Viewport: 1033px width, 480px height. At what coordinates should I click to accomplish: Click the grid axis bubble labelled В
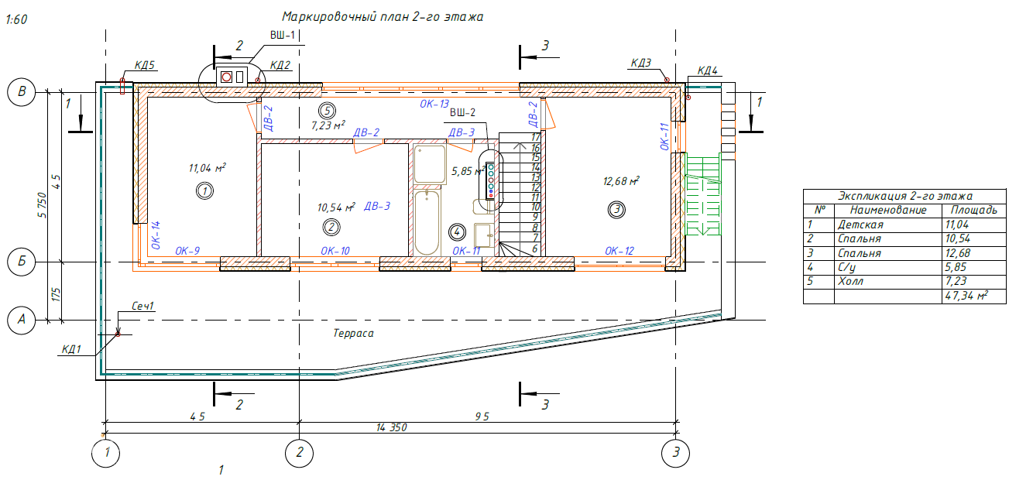tap(22, 92)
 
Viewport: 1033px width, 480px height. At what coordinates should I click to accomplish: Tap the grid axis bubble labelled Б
tap(22, 262)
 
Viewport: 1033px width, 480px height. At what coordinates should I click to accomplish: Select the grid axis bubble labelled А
tap(22, 320)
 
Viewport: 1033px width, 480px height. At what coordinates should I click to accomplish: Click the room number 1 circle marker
tap(204, 190)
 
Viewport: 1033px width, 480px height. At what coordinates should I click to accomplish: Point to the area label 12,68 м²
tap(621, 182)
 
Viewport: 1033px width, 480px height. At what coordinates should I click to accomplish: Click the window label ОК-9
tap(187, 251)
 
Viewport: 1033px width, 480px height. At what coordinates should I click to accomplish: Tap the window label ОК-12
tap(619, 251)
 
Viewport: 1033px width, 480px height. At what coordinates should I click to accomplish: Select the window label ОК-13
tap(434, 104)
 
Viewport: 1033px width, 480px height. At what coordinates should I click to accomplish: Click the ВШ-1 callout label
tap(283, 35)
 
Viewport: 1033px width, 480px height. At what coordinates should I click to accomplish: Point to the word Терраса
tap(354, 334)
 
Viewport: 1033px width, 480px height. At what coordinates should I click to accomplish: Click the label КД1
tap(71, 349)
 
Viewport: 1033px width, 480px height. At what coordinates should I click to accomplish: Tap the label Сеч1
tap(143, 307)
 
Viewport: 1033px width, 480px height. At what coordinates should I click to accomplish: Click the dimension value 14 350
tap(391, 427)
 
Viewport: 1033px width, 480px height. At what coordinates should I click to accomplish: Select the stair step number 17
tap(534, 136)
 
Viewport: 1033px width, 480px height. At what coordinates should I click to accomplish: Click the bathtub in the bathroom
tap(427, 222)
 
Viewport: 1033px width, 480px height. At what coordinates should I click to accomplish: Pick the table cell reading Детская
tap(860, 225)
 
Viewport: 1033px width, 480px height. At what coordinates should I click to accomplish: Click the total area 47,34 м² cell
tap(971, 296)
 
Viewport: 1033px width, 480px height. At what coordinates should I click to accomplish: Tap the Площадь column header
tap(973, 210)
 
